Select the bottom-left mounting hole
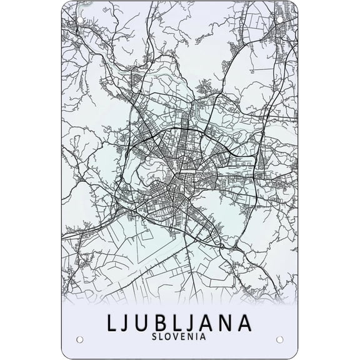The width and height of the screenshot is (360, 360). point(80,339)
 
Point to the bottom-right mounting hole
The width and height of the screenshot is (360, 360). point(279,339)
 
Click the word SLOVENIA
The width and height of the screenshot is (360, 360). point(180,337)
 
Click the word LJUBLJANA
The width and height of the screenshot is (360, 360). point(180,322)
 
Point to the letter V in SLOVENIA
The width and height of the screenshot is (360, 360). point(176,337)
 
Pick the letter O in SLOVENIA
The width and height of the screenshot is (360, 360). point(169,337)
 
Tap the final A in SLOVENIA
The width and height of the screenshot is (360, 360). point(204,337)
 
